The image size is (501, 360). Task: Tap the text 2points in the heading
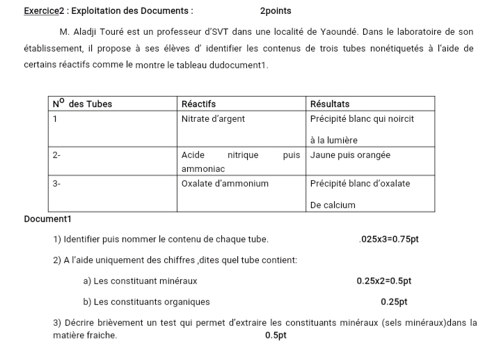pos(276,11)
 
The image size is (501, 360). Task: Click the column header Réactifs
pos(198,104)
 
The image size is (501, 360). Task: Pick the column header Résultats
pos(330,104)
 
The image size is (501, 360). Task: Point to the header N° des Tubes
pos(82,104)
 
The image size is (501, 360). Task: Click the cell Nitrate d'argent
pos(213,119)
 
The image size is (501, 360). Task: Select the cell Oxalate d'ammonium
pos(225,184)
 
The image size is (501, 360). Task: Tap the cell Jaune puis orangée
pos(350,155)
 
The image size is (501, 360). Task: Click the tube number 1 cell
pos(55,119)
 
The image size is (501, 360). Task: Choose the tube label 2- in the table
pos(56,155)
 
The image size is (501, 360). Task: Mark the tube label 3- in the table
pos(56,184)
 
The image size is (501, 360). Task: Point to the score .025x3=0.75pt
pos(389,240)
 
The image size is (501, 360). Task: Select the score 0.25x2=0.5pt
pos(383,281)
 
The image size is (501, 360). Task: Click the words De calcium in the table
pos(333,205)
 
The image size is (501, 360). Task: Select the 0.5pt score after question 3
pos(276,336)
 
